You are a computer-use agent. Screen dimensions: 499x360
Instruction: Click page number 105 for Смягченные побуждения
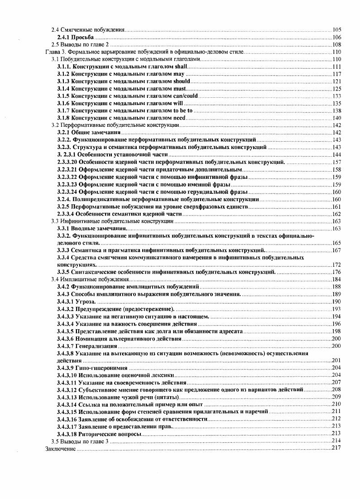(x=336, y=30)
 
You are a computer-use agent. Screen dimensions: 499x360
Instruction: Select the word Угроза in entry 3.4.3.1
(x=86, y=301)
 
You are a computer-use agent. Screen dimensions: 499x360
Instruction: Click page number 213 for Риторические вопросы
(x=336, y=433)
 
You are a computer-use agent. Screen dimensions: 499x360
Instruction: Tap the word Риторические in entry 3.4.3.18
(x=96, y=433)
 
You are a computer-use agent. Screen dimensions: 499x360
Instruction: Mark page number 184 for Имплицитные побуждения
(x=336, y=279)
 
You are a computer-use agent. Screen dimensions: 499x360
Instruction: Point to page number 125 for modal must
(x=336, y=89)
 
